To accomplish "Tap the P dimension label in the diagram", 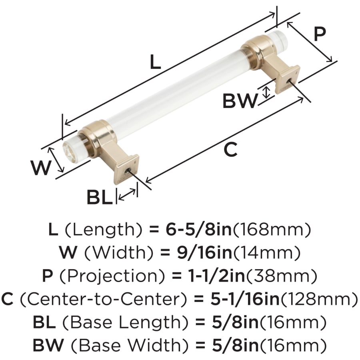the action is pos(320,34).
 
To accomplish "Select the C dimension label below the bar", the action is pos(230,150).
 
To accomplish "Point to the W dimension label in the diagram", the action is pos(40,168).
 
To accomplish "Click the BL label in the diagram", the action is pos(100,197).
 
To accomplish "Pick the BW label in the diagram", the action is pos(240,101).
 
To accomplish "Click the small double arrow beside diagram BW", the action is pos(266,92).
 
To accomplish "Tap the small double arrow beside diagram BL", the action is pos(127,194).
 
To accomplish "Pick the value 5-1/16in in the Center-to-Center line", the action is pos(245,299).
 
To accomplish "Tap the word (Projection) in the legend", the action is pos(112,276).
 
